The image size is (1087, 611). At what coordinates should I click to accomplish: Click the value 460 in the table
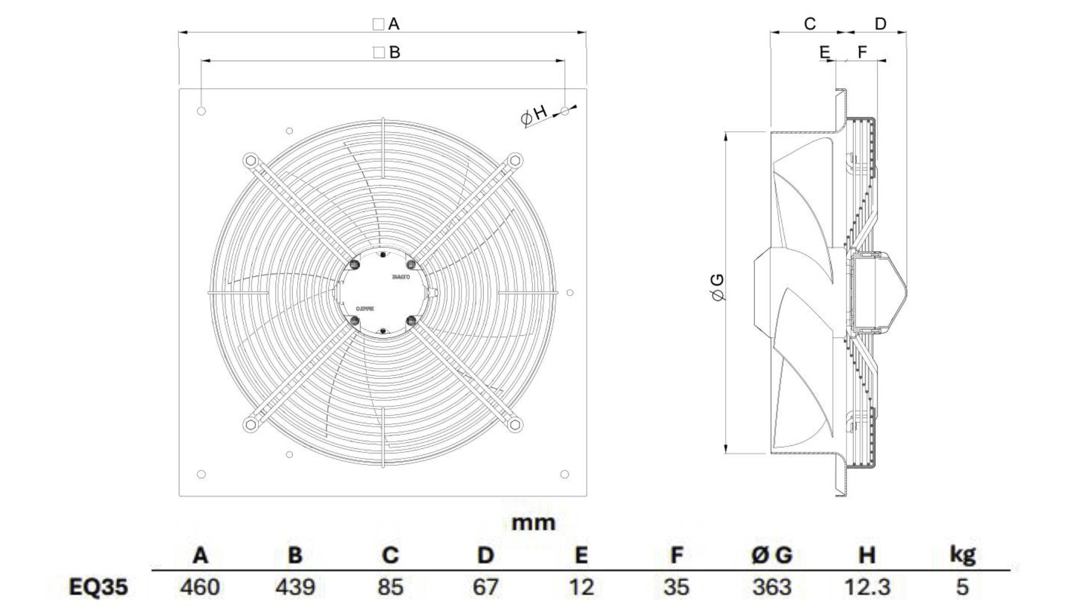click(x=200, y=587)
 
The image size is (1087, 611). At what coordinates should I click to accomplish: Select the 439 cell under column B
click(x=295, y=587)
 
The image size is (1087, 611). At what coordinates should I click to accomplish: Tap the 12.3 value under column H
click(x=867, y=587)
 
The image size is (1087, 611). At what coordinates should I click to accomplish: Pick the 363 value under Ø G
click(x=772, y=587)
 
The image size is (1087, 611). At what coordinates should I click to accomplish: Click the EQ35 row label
click(x=98, y=587)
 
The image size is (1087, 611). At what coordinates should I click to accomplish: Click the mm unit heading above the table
click(x=533, y=523)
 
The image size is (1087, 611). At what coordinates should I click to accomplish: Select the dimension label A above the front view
click(x=394, y=24)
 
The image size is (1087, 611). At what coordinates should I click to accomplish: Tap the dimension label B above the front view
click(x=395, y=52)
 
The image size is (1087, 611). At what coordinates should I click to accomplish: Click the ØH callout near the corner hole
click(x=534, y=115)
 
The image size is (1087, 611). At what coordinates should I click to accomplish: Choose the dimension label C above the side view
click(x=810, y=24)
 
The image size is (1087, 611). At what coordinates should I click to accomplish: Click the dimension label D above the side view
click(x=880, y=24)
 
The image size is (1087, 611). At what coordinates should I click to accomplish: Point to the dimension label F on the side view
click(x=863, y=52)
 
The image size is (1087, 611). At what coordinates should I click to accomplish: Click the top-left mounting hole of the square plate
click(x=201, y=111)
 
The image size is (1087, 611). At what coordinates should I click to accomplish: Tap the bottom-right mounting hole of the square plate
click(x=565, y=474)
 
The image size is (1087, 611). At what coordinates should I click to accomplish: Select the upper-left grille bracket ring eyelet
click(x=250, y=161)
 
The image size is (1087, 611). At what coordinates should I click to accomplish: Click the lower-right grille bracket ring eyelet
click(x=515, y=424)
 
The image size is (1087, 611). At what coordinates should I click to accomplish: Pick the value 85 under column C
click(x=390, y=587)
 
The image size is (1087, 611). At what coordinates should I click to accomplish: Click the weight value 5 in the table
click(x=962, y=587)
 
